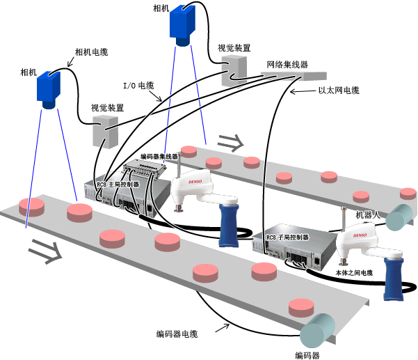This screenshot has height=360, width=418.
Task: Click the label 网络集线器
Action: (x=287, y=65)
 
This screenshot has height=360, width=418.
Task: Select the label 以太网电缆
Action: (x=339, y=91)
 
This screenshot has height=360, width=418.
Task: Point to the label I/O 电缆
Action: (x=138, y=86)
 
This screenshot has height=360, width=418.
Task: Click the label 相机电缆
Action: (x=91, y=52)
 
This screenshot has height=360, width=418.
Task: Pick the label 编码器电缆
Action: (x=177, y=334)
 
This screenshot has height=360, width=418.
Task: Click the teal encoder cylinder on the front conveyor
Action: (x=317, y=331)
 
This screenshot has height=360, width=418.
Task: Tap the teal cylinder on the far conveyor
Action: (x=399, y=217)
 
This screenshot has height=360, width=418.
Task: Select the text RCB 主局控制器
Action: (x=118, y=185)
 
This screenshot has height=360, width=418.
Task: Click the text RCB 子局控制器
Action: (x=287, y=237)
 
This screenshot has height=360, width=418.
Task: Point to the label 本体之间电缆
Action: (x=354, y=273)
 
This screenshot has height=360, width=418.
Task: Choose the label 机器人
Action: (x=368, y=215)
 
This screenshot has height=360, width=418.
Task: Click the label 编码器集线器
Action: (x=159, y=157)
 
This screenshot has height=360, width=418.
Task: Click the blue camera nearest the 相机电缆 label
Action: (x=49, y=89)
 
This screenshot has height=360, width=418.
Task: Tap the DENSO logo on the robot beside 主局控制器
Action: (x=195, y=182)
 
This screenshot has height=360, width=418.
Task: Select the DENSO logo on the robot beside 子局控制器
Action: (x=360, y=235)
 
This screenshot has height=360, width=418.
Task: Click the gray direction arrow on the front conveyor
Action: (x=45, y=251)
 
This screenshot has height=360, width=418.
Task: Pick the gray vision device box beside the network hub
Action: (x=234, y=70)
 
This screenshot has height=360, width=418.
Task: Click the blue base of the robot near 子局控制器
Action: (x=394, y=279)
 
